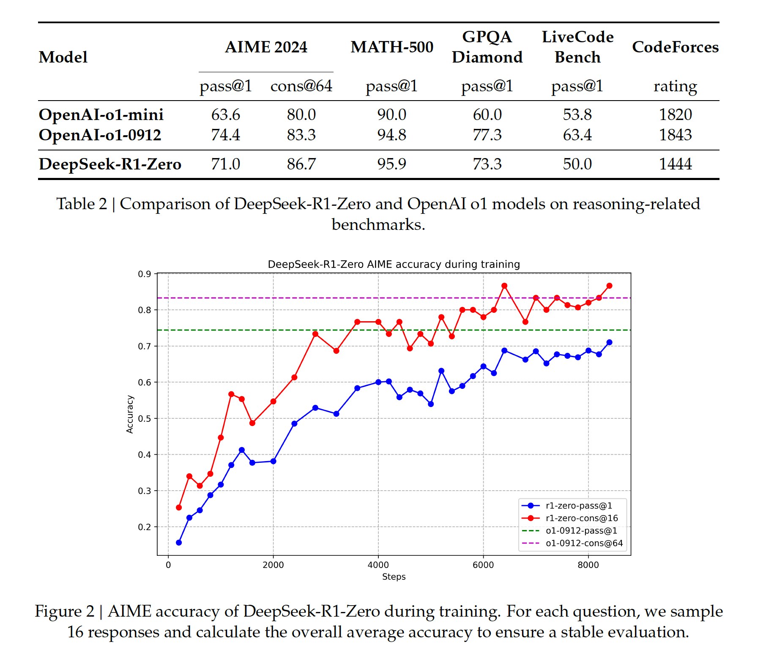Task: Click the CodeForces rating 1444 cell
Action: pyautogui.click(x=675, y=164)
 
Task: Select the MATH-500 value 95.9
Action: pyautogui.click(x=391, y=164)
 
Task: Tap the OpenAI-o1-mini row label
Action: pyautogui.click(x=101, y=115)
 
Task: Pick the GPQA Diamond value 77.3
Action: pyautogui.click(x=487, y=135)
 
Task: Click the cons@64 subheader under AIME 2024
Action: pyautogui.click(x=301, y=86)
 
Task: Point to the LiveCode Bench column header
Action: pyautogui.click(x=577, y=47)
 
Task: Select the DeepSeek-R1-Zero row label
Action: pyautogui.click(x=110, y=164)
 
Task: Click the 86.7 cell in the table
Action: pyautogui.click(x=301, y=164)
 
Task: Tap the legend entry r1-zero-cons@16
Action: pyautogui.click(x=582, y=518)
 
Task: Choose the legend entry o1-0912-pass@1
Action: pyautogui.click(x=581, y=531)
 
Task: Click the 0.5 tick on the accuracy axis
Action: pyautogui.click(x=144, y=419)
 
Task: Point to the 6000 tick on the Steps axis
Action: pyautogui.click(x=483, y=565)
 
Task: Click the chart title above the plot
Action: pyautogui.click(x=394, y=265)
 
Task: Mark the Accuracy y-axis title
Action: pyautogui.click(x=130, y=414)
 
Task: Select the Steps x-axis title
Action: pyautogui.click(x=394, y=577)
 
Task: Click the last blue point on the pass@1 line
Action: pyautogui.click(x=609, y=342)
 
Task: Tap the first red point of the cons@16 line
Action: pyautogui.click(x=179, y=507)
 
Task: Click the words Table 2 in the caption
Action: pyautogui.click(x=82, y=204)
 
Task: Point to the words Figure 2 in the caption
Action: pyautogui.click(x=64, y=612)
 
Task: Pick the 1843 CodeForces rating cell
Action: pyautogui.click(x=675, y=135)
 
